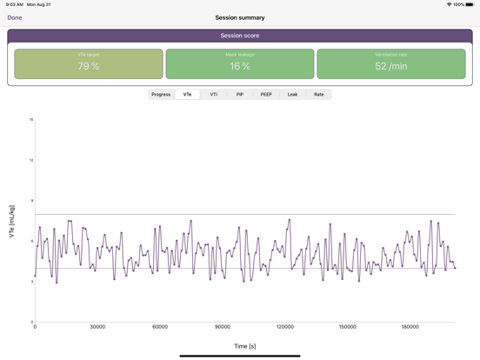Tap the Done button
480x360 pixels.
[x=15, y=17]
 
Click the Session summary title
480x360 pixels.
[x=240, y=17]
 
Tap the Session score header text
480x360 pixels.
[x=240, y=36]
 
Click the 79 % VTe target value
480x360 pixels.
[x=89, y=66]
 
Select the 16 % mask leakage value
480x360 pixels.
[x=240, y=66]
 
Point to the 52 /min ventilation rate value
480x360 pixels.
[x=391, y=66]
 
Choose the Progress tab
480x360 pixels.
[x=161, y=94]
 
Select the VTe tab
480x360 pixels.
[x=187, y=94]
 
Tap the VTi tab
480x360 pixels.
[x=214, y=94]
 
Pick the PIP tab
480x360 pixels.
[x=240, y=94]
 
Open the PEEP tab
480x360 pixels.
[x=266, y=94]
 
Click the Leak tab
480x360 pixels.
[x=292, y=94]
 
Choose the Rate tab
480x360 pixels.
[x=319, y=94]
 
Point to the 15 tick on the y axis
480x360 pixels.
[x=31, y=120]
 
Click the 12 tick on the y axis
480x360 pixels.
[x=31, y=160]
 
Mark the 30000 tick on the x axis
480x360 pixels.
[x=97, y=327]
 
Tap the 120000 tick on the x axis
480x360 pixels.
[x=284, y=327]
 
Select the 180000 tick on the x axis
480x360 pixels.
[x=410, y=327]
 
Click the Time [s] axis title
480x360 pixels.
[x=244, y=346]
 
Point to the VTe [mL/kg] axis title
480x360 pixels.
[x=12, y=222]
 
